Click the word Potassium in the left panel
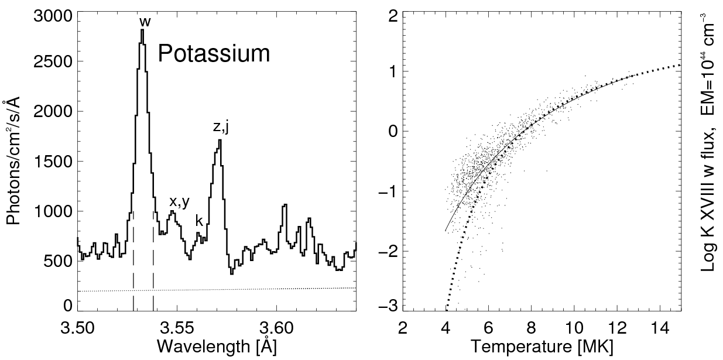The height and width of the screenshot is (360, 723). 214,54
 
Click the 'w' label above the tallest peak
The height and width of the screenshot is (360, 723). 145,23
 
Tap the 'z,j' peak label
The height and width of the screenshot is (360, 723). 221,126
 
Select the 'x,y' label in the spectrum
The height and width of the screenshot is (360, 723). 180,202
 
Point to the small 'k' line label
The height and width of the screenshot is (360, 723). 199,221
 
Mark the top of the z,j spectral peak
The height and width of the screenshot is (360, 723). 220,140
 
